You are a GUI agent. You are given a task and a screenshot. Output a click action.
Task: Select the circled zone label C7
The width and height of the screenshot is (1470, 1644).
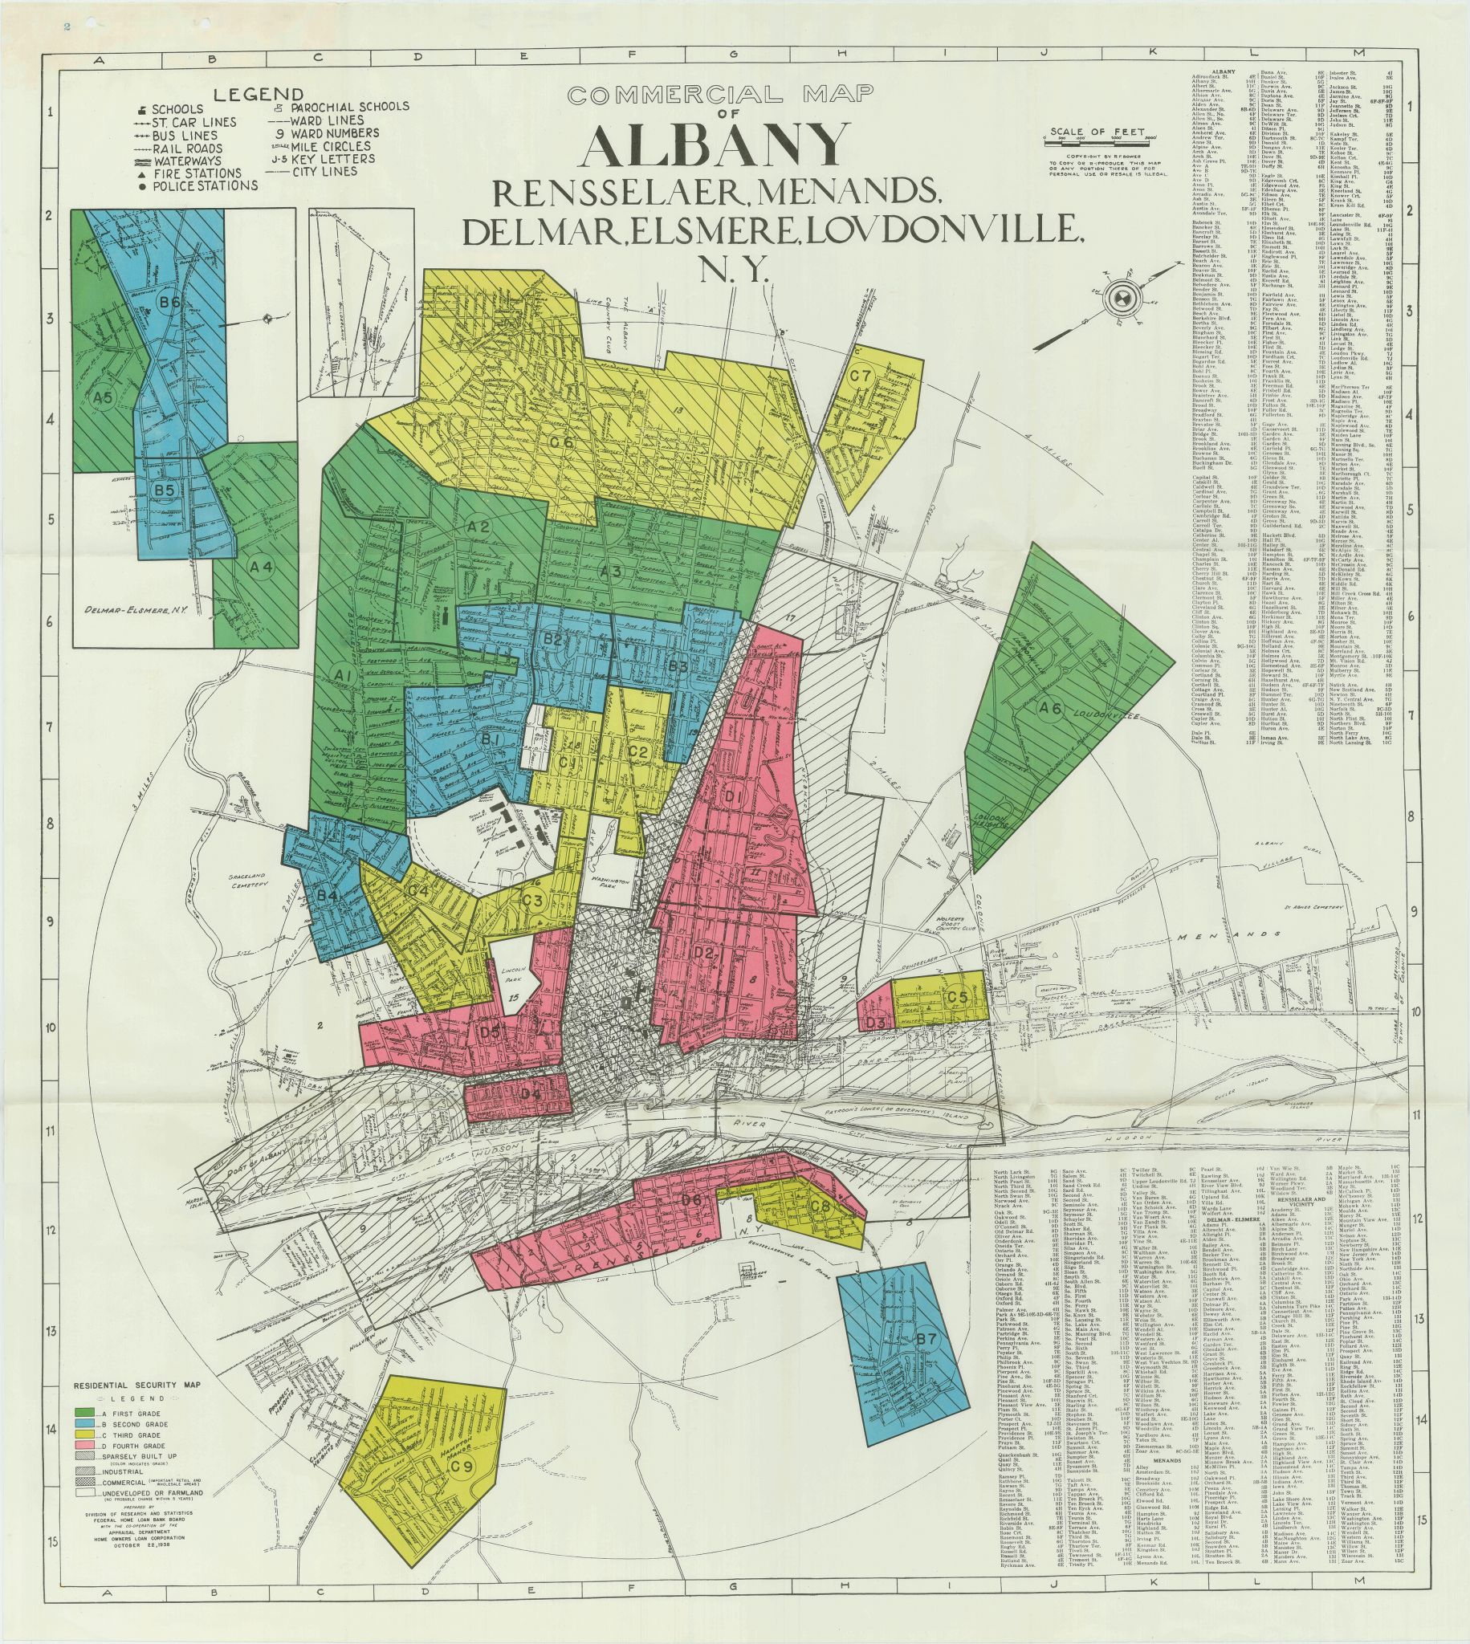860,376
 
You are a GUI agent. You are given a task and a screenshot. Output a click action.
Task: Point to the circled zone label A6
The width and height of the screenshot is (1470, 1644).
1049,708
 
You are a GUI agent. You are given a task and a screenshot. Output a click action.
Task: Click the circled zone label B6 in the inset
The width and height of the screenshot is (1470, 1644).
169,303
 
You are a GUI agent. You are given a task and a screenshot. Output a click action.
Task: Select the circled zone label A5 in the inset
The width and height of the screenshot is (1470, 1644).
102,397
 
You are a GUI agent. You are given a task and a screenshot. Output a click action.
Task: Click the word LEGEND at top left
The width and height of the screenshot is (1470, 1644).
259,95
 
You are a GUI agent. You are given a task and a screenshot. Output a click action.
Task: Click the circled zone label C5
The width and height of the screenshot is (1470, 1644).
957,997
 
